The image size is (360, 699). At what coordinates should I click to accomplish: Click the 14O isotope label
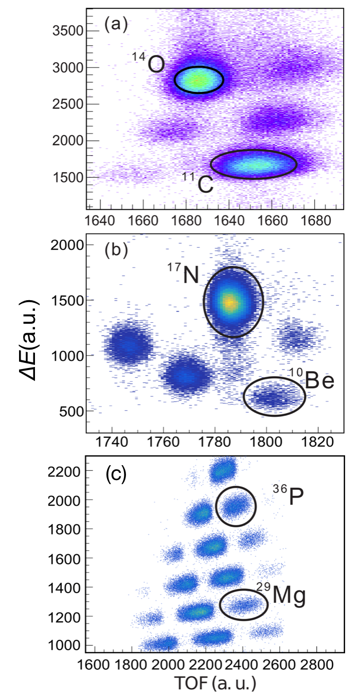pyautogui.click(x=150, y=64)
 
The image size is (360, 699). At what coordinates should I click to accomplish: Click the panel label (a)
pyautogui.click(x=116, y=24)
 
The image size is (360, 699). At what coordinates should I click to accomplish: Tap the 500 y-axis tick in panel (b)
pyautogui.click(x=71, y=411)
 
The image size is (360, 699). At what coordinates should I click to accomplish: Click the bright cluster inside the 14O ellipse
pyautogui.click(x=198, y=80)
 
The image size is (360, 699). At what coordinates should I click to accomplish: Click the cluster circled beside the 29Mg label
pyautogui.click(x=244, y=604)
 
